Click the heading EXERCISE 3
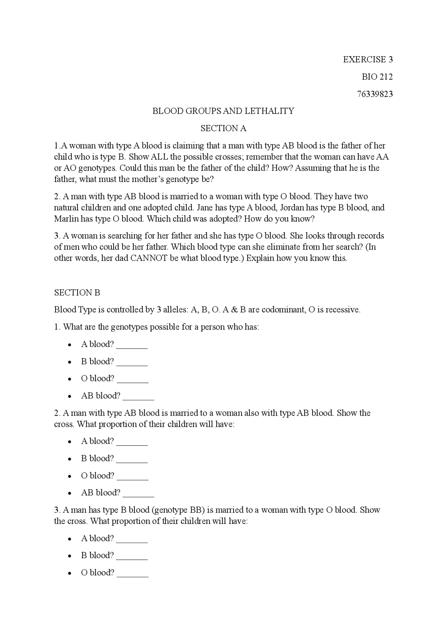[x=368, y=59]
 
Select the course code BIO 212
[x=377, y=77]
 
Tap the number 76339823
[x=375, y=94]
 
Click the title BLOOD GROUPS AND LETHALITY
[x=223, y=111]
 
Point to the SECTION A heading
[x=223, y=128]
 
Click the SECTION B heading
[x=77, y=292]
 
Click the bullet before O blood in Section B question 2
[x=70, y=476]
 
